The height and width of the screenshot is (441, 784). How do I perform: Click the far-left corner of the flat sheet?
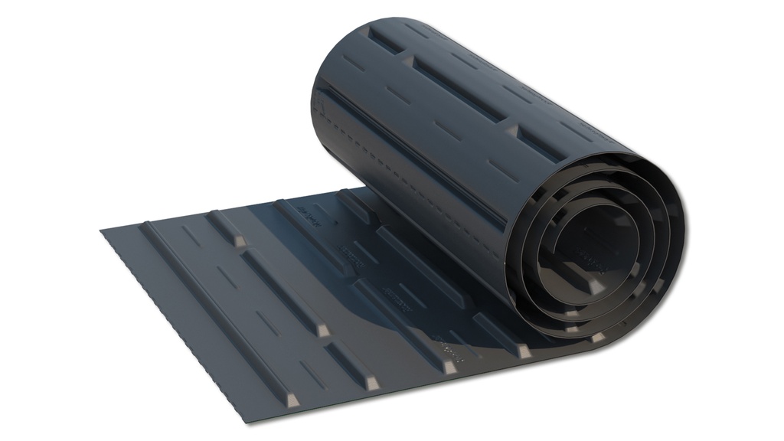pos(101,229)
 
